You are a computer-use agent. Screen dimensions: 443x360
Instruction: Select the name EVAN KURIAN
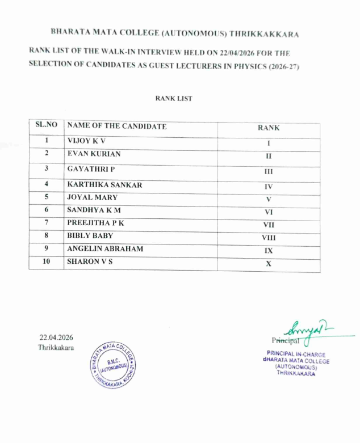point(94,154)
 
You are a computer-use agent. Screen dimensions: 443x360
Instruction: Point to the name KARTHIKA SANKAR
point(104,185)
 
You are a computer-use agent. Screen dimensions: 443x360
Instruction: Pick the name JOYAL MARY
point(93,198)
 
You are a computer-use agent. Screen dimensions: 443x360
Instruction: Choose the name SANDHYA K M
point(94,210)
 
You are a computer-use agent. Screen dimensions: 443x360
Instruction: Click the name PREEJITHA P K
point(95,223)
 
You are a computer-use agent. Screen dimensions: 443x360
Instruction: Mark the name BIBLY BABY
point(90,236)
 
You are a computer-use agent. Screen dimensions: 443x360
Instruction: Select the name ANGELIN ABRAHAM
point(105,249)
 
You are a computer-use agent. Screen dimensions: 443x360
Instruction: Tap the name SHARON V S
point(90,261)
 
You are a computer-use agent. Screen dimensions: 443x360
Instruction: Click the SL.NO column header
point(47,125)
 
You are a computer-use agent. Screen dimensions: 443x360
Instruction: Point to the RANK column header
point(269,128)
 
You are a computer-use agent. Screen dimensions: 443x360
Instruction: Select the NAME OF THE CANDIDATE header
point(117,126)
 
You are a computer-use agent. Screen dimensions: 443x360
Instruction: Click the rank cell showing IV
point(269,186)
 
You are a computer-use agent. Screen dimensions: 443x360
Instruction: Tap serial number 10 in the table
point(47,261)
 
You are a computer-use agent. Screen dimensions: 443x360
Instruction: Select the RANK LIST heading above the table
point(174,99)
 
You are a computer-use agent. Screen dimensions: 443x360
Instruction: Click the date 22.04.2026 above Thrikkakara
point(56,337)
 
